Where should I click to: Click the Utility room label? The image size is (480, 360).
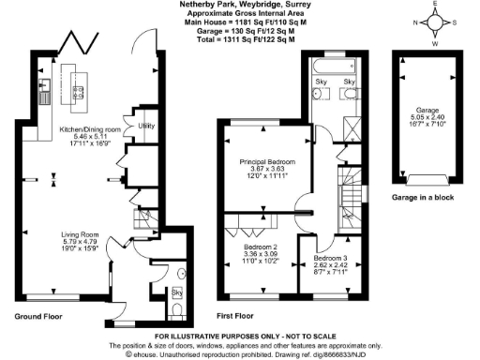tap(145, 125)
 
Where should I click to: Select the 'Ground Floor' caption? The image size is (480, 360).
tap(38, 317)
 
